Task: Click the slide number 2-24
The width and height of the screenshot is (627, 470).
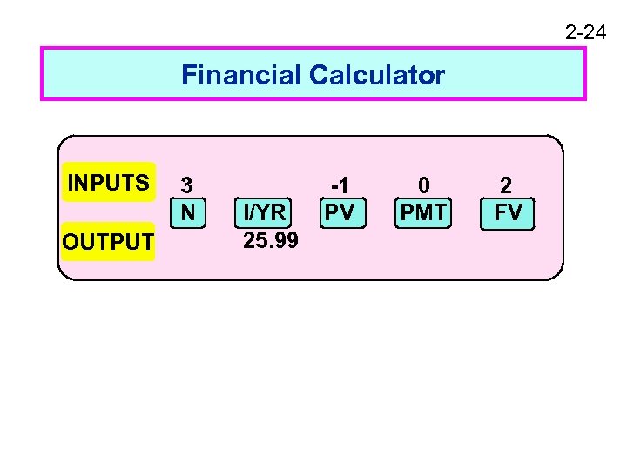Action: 585,33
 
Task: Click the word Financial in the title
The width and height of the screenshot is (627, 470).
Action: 241,76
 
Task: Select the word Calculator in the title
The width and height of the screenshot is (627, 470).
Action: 376,76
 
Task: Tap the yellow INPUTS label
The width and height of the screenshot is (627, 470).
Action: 109,183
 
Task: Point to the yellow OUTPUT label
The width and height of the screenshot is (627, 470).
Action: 108,242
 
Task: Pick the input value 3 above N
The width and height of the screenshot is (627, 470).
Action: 186,185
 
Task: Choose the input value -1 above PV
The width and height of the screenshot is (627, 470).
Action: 339,185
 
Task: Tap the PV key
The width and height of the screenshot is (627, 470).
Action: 339,212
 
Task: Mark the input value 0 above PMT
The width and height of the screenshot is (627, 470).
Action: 423,185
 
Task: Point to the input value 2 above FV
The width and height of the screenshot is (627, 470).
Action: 507,185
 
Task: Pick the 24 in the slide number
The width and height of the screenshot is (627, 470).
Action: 596,33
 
